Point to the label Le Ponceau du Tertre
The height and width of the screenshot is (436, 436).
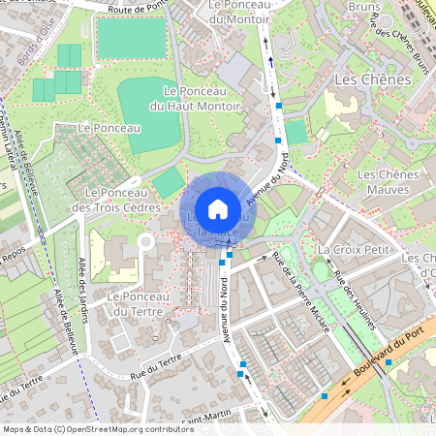(x=138, y=303)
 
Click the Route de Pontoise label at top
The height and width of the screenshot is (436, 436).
(x=137, y=8)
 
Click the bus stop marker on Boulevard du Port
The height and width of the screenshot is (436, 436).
(x=389, y=362)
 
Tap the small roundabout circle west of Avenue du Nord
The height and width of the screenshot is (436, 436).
(x=145, y=241)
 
